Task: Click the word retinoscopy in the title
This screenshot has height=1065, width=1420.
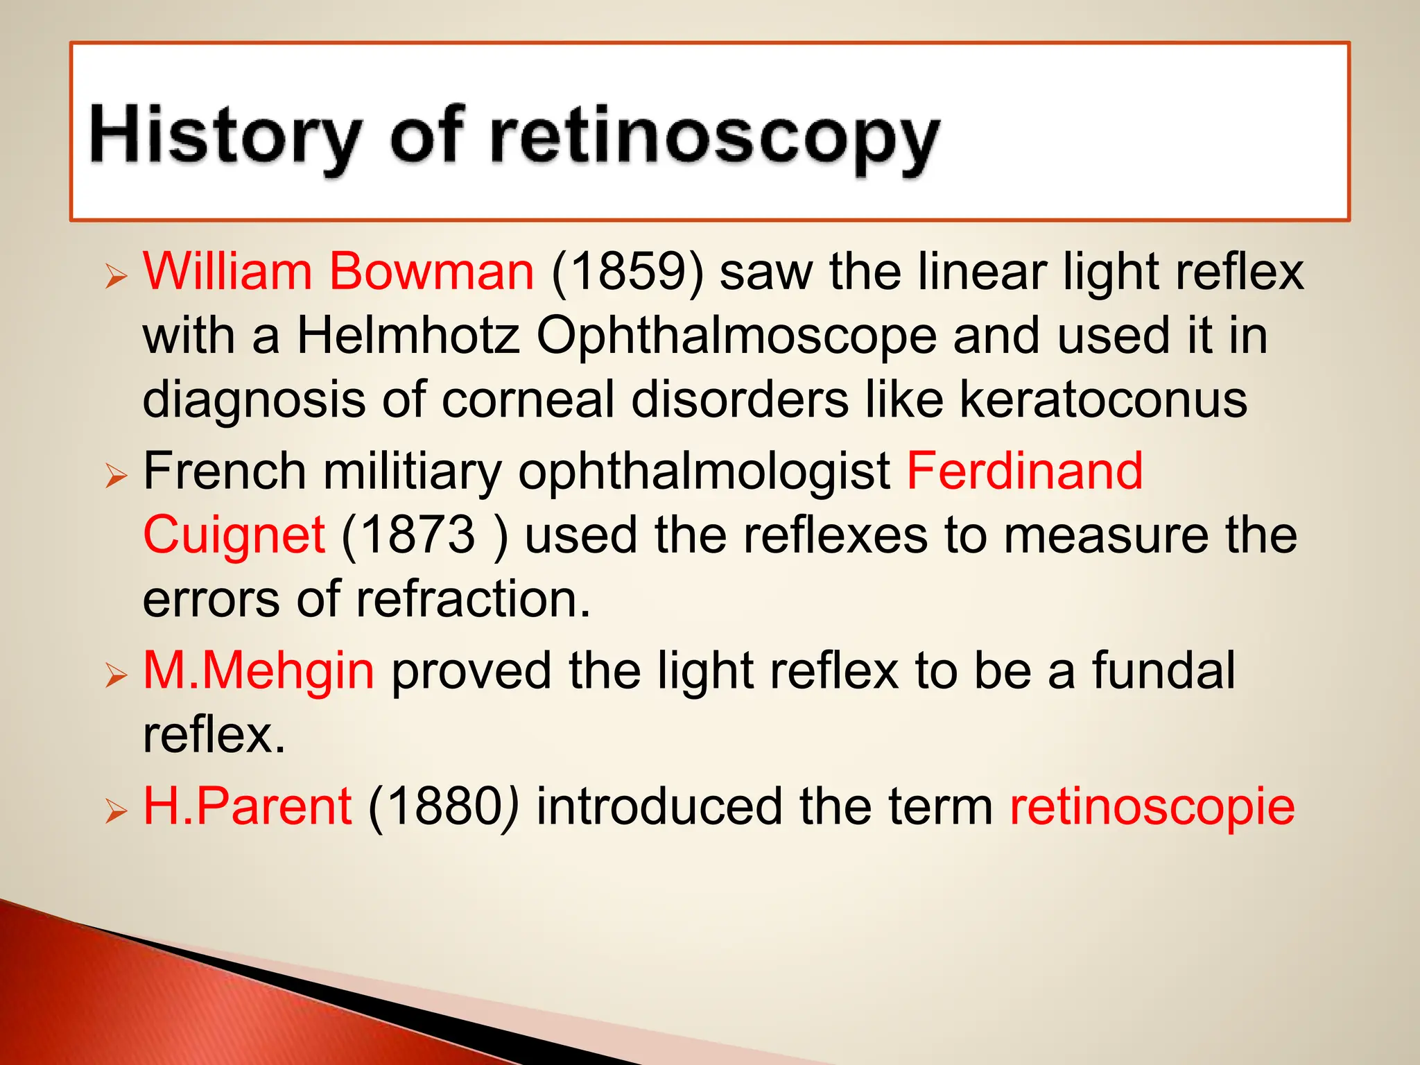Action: (x=714, y=139)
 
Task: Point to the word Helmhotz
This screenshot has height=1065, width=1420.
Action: (x=408, y=336)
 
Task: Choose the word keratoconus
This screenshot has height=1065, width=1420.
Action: (x=1103, y=400)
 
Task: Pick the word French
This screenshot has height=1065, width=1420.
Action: (x=225, y=471)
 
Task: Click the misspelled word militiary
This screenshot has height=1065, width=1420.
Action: (x=413, y=472)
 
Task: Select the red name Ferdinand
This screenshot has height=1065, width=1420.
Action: (x=1025, y=471)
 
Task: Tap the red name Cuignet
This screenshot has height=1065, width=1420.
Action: (x=234, y=536)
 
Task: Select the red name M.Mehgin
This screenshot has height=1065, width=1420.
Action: (x=259, y=671)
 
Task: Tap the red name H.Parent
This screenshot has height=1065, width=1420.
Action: (x=248, y=806)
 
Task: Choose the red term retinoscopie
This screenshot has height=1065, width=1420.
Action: (x=1152, y=806)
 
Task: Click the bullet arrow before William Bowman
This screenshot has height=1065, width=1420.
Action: (x=116, y=277)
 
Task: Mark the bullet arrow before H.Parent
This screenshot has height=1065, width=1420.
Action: (x=116, y=812)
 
